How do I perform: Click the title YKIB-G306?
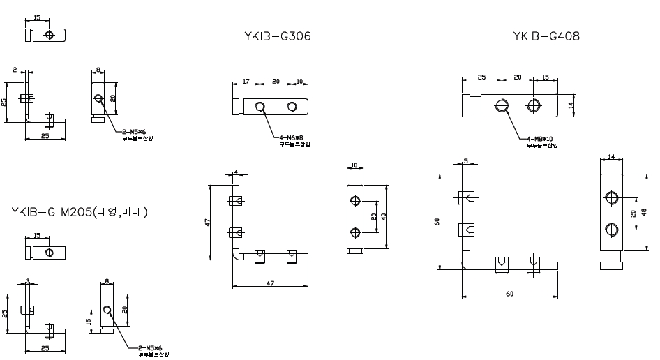click(278, 36)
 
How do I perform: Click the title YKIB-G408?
click(546, 36)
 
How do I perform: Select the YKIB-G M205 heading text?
click(80, 211)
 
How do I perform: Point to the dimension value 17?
click(247, 81)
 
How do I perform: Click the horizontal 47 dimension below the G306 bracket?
click(270, 283)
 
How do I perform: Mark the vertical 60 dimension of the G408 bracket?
click(437, 221)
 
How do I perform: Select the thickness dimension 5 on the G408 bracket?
click(465, 161)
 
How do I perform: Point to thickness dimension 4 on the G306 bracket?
click(237, 171)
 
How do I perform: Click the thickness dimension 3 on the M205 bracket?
click(27, 280)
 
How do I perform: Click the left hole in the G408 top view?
click(502, 105)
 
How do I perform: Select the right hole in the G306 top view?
click(292, 107)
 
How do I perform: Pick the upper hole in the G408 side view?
click(612, 199)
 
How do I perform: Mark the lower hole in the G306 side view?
click(356, 232)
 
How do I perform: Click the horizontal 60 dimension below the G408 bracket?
click(510, 294)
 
